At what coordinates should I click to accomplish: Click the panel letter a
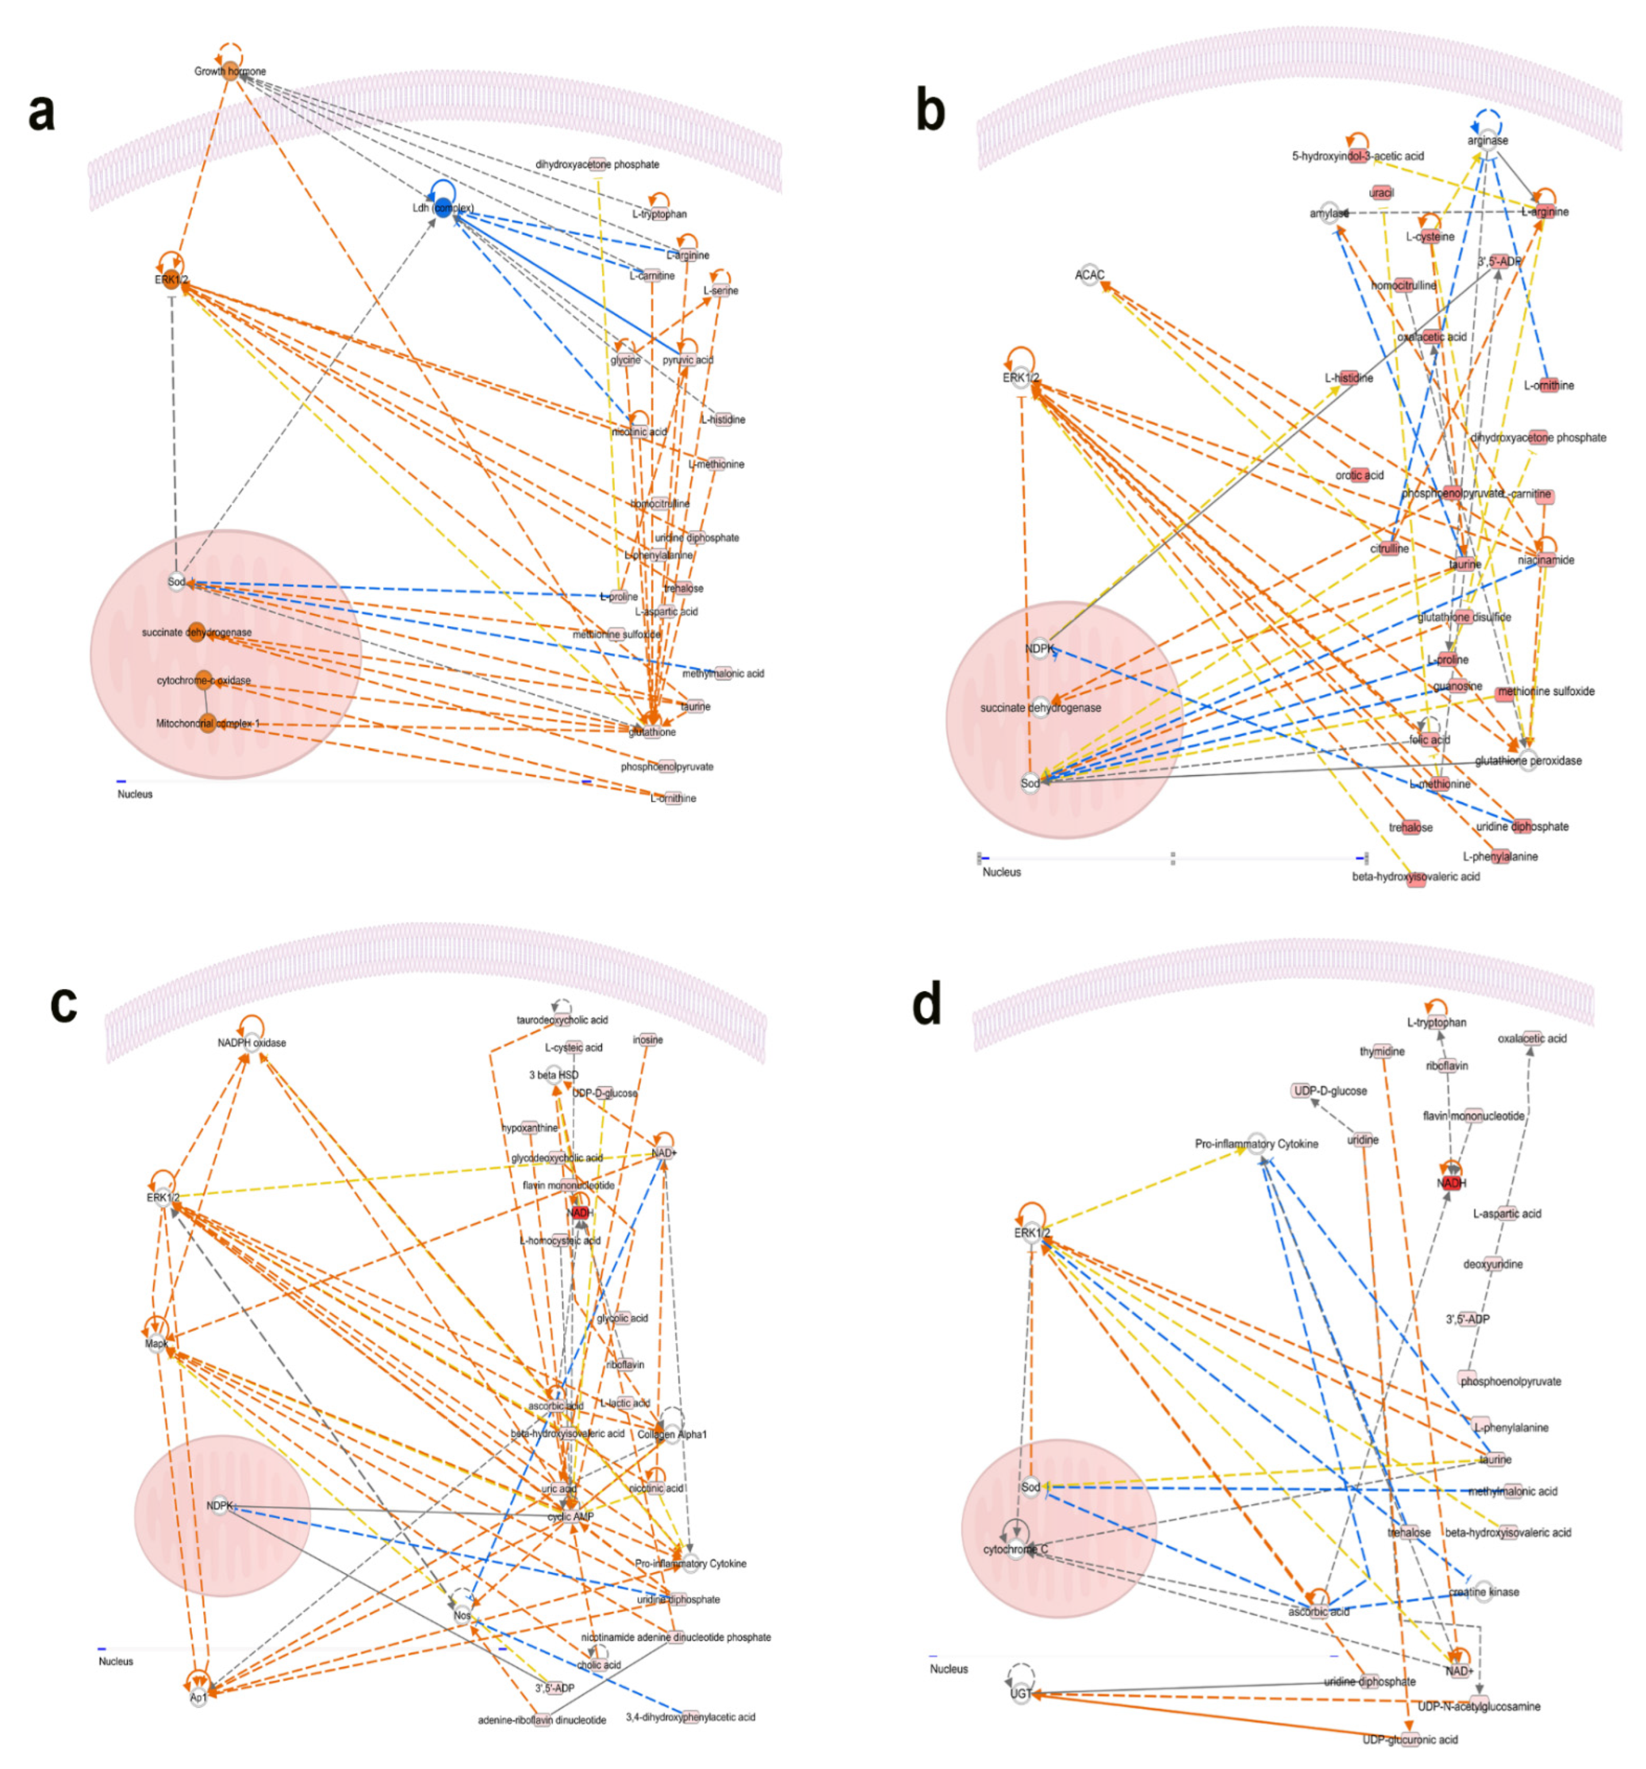point(42,113)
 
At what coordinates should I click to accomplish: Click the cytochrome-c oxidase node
point(204,681)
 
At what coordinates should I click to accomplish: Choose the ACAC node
point(1090,275)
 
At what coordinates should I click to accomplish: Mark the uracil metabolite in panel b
point(1381,193)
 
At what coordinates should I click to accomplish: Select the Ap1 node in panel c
point(198,1697)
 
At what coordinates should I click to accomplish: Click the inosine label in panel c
point(648,1039)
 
